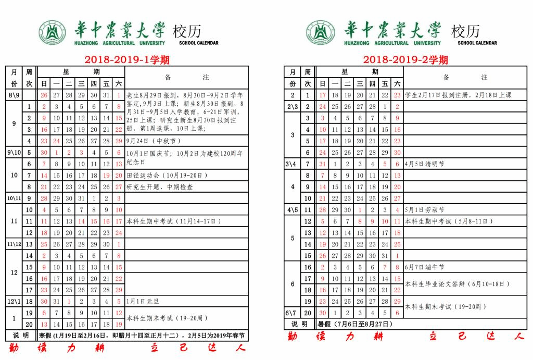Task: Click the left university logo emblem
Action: coord(51,33)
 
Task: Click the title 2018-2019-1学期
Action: coord(126,60)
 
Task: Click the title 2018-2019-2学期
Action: coord(405,60)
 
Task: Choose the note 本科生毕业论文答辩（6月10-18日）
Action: coord(456,284)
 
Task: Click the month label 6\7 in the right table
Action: coord(292,313)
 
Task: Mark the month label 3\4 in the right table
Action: coord(292,164)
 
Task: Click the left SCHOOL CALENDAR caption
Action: coord(199,43)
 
